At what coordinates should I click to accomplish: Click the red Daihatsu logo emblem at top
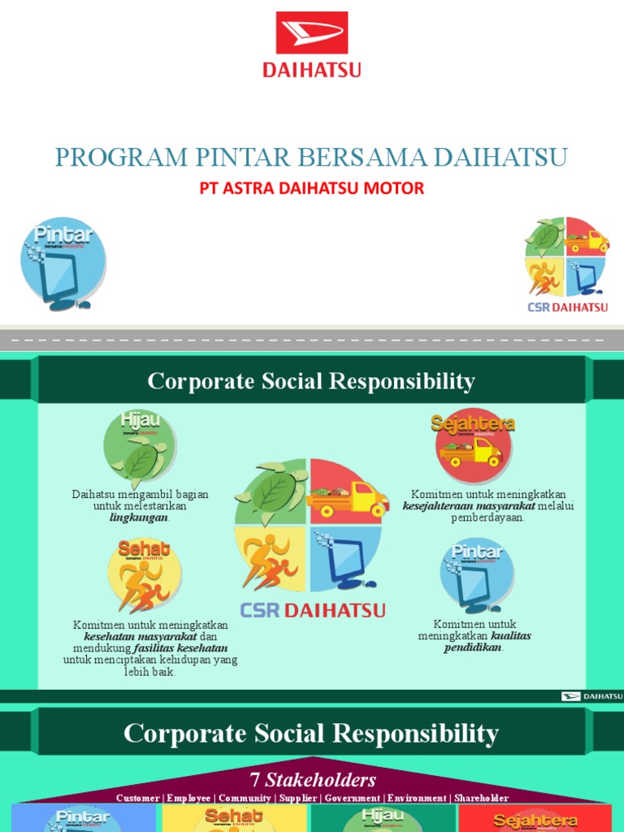coord(312,33)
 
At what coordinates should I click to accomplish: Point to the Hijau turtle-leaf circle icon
coord(140,447)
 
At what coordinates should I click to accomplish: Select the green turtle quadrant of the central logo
coord(271,492)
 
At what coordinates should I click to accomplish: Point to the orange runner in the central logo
coord(268,560)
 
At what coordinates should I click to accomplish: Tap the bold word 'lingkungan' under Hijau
coord(139,517)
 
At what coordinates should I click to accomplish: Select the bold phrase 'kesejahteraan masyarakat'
coord(469,506)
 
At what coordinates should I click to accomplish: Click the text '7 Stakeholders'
coord(312,780)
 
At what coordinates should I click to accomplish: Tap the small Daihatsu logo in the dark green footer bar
coord(591,696)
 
